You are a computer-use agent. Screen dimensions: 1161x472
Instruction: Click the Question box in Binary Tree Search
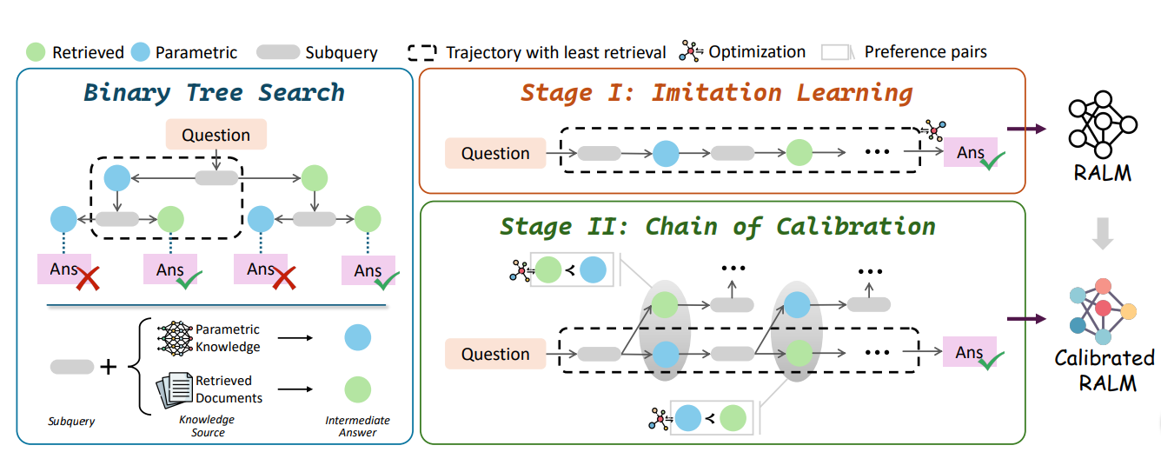[x=216, y=135]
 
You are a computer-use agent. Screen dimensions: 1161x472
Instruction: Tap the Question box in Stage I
[x=495, y=153]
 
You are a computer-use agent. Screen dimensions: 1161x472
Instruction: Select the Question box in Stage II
[x=495, y=354]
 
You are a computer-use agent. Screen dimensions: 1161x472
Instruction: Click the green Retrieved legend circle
[x=36, y=52]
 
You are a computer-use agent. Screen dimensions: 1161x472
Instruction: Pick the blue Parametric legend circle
[x=141, y=52]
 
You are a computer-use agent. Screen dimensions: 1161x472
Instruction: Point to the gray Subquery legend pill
[x=278, y=52]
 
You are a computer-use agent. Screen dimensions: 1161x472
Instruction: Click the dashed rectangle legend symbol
[x=421, y=52]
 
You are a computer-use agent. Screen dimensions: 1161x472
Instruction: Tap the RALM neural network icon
[x=1103, y=124]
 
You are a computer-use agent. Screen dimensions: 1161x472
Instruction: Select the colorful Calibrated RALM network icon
[x=1103, y=311]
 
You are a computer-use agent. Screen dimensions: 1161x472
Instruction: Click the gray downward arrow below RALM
[x=1103, y=233]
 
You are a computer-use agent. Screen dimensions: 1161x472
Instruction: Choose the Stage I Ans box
[x=971, y=152]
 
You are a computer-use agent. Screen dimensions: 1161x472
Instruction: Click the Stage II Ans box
[x=969, y=352]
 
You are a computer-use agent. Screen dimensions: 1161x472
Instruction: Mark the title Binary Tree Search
[x=214, y=92]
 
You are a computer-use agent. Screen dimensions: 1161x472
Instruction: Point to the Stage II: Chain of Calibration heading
[x=718, y=226]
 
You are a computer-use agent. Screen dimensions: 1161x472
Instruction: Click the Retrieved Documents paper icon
[x=174, y=389]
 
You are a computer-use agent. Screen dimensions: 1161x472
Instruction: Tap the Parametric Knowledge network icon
[x=176, y=338]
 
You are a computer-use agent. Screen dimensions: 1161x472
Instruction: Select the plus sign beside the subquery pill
[x=109, y=367]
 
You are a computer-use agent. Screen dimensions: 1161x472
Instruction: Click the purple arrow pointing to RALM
[x=1027, y=129]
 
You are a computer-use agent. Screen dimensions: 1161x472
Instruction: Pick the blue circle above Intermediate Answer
[x=358, y=337]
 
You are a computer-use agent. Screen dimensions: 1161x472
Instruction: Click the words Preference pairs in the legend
[x=925, y=52]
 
